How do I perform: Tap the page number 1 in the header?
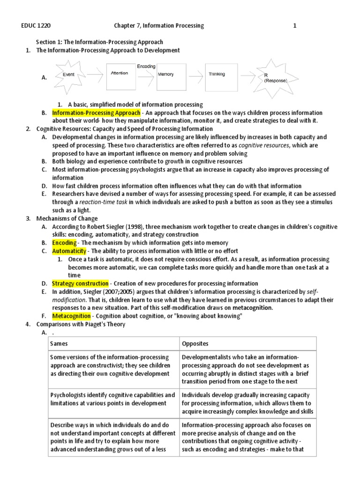click(295, 26)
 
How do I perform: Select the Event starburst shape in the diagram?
click(68, 75)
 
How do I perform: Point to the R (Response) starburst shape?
click(274, 76)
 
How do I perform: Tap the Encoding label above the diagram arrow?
click(146, 67)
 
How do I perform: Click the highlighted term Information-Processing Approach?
click(96, 113)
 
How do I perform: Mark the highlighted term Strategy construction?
click(80, 283)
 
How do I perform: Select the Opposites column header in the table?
click(195, 344)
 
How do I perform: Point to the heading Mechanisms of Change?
click(67, 218)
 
